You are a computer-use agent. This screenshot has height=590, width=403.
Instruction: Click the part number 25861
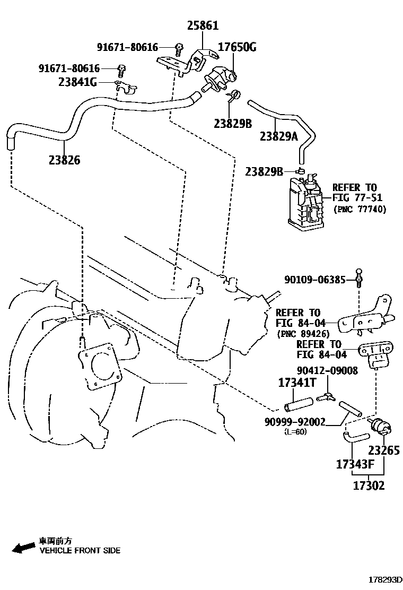tap(202, 25)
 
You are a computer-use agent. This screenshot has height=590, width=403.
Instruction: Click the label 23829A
tap(279, 136)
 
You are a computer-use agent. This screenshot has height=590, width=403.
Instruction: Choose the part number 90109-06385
tap(315, 279)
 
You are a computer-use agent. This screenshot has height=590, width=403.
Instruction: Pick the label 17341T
tap(297, 383)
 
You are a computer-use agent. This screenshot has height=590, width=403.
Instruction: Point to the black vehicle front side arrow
tap(23, 548)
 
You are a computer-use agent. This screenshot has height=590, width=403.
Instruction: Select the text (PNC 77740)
tap(360, 209)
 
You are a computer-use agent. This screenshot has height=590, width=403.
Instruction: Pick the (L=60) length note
tap(295, 431)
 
